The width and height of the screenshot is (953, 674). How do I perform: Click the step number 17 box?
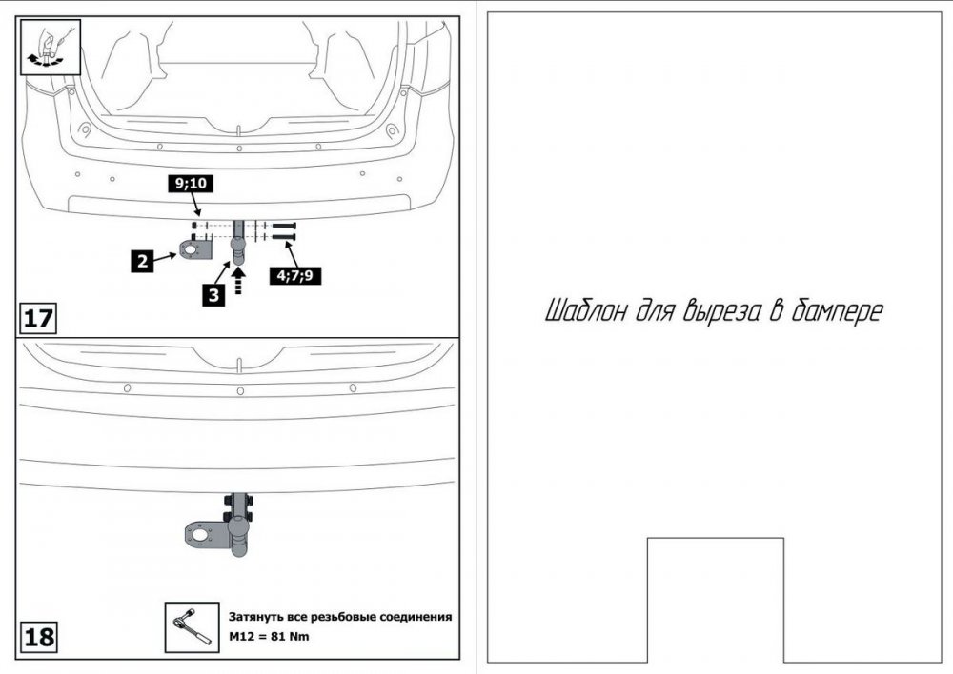(x=38, y=318)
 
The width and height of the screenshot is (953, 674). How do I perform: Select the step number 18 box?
(x=38, y=637)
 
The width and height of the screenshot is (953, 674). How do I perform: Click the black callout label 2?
(x=142, y=259)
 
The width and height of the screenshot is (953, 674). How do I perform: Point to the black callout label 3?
(x=213, y=295)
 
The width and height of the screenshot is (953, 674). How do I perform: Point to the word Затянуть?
(x=258, y=617)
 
